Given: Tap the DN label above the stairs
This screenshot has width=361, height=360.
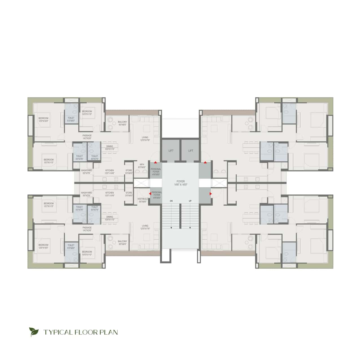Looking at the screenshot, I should point(171,201).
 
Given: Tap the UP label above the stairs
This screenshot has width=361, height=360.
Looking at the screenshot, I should point(190,201).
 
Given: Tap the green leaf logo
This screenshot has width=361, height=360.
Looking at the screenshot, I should point(34,332).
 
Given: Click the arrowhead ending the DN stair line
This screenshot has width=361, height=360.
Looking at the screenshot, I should point(171,227).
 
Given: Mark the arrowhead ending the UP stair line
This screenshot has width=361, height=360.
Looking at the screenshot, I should point(190,227).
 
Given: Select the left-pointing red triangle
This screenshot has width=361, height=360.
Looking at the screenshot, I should point(150,194).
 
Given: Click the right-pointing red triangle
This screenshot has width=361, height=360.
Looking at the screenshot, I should point(211,194).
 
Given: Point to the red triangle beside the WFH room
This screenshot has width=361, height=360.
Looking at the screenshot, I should point(155,162).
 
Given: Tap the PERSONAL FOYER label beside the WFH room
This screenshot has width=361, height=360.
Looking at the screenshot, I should point(156,172).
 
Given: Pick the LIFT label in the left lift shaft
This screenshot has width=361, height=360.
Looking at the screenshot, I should point(171,151).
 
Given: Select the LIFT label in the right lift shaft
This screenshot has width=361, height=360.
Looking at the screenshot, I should point(191,151).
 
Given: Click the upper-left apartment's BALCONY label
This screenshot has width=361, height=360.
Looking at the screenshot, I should point(122,123).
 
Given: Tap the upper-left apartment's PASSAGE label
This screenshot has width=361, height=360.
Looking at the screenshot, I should point(87,137).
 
